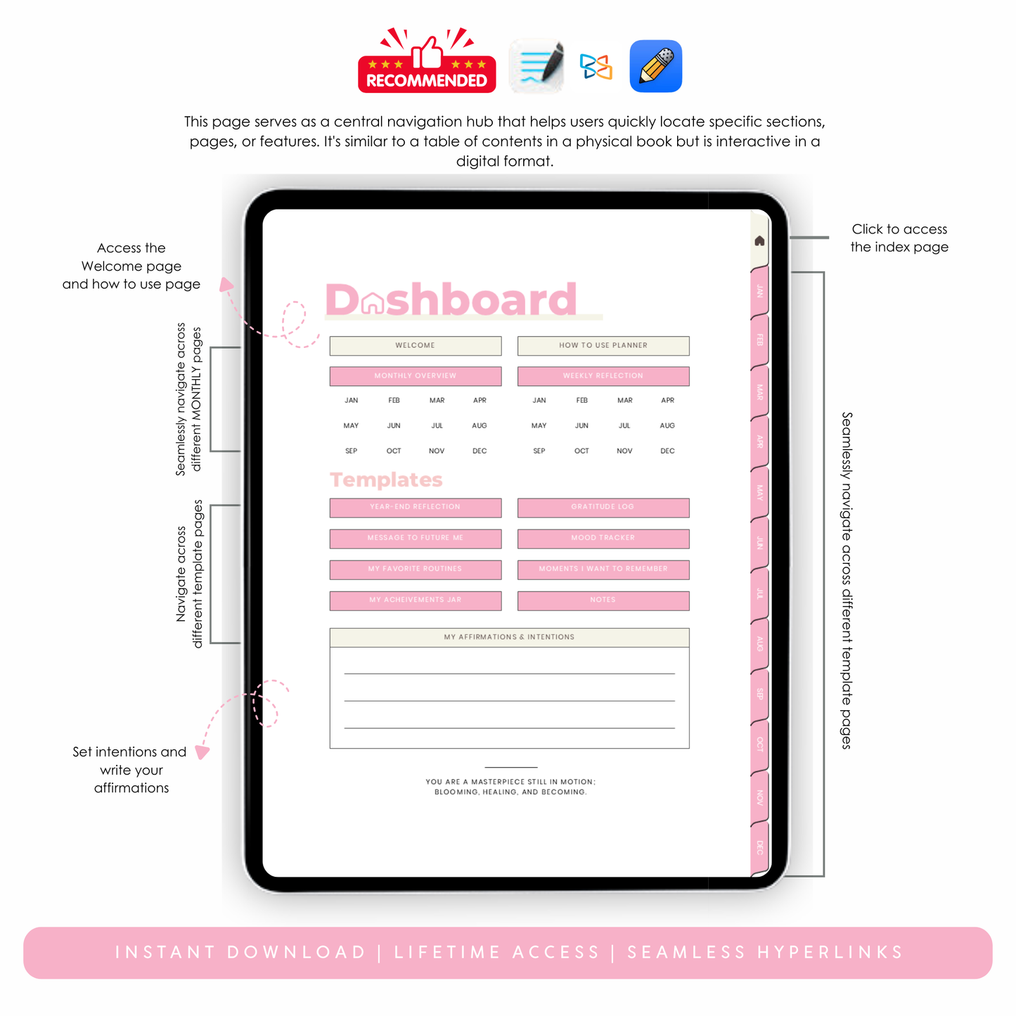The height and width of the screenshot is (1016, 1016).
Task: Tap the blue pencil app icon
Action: (x=655, y=66)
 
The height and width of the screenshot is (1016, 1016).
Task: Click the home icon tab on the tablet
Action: (x=759, y=241)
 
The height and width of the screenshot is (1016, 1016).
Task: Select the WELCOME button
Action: (x=415, y=345)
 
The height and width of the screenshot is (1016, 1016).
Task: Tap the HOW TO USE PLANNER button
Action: (x=603, y=345)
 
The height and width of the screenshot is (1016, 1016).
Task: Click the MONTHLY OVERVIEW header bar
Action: (x=415, y=376)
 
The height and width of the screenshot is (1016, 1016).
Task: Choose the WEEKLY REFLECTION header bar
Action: (x=603, y=376)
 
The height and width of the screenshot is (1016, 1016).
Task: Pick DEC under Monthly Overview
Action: (x=480, y=451)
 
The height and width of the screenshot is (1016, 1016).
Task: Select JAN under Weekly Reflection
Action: (x=539, y=401)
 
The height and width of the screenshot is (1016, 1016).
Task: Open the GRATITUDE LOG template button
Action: (x=603, y=507)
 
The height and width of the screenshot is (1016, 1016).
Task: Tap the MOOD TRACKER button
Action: (x=603, y=538)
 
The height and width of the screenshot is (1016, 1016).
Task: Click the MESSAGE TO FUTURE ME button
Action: (x=415, y=538)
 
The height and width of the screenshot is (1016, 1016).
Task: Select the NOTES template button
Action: (x=603, y=600)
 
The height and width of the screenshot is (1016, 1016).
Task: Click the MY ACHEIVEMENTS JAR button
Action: (x=415, y=600)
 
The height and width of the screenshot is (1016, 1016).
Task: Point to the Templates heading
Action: (x=386, y=480)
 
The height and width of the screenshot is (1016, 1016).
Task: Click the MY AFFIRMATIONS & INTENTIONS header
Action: (x=509, y=637)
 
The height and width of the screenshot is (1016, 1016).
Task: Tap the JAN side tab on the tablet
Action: (x=759, y=290)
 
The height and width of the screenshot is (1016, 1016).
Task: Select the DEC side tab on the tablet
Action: (x=759, y=847)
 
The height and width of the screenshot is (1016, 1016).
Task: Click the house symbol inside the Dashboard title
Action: (x=373, y=303)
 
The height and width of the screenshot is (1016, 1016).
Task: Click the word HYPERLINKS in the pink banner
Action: (x=830, y=953)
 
